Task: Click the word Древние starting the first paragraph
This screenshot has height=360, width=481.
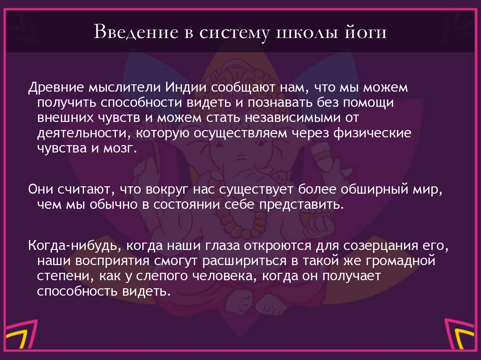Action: tap(54, 89)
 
